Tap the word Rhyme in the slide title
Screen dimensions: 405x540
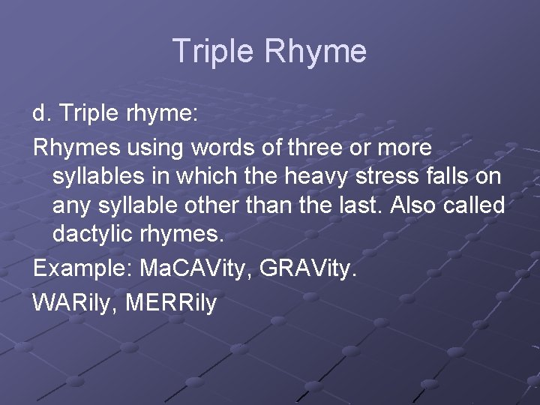316,51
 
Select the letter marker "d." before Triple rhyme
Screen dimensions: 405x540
40,114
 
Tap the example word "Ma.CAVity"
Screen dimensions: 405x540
196,268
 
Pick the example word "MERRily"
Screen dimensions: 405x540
171,303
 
